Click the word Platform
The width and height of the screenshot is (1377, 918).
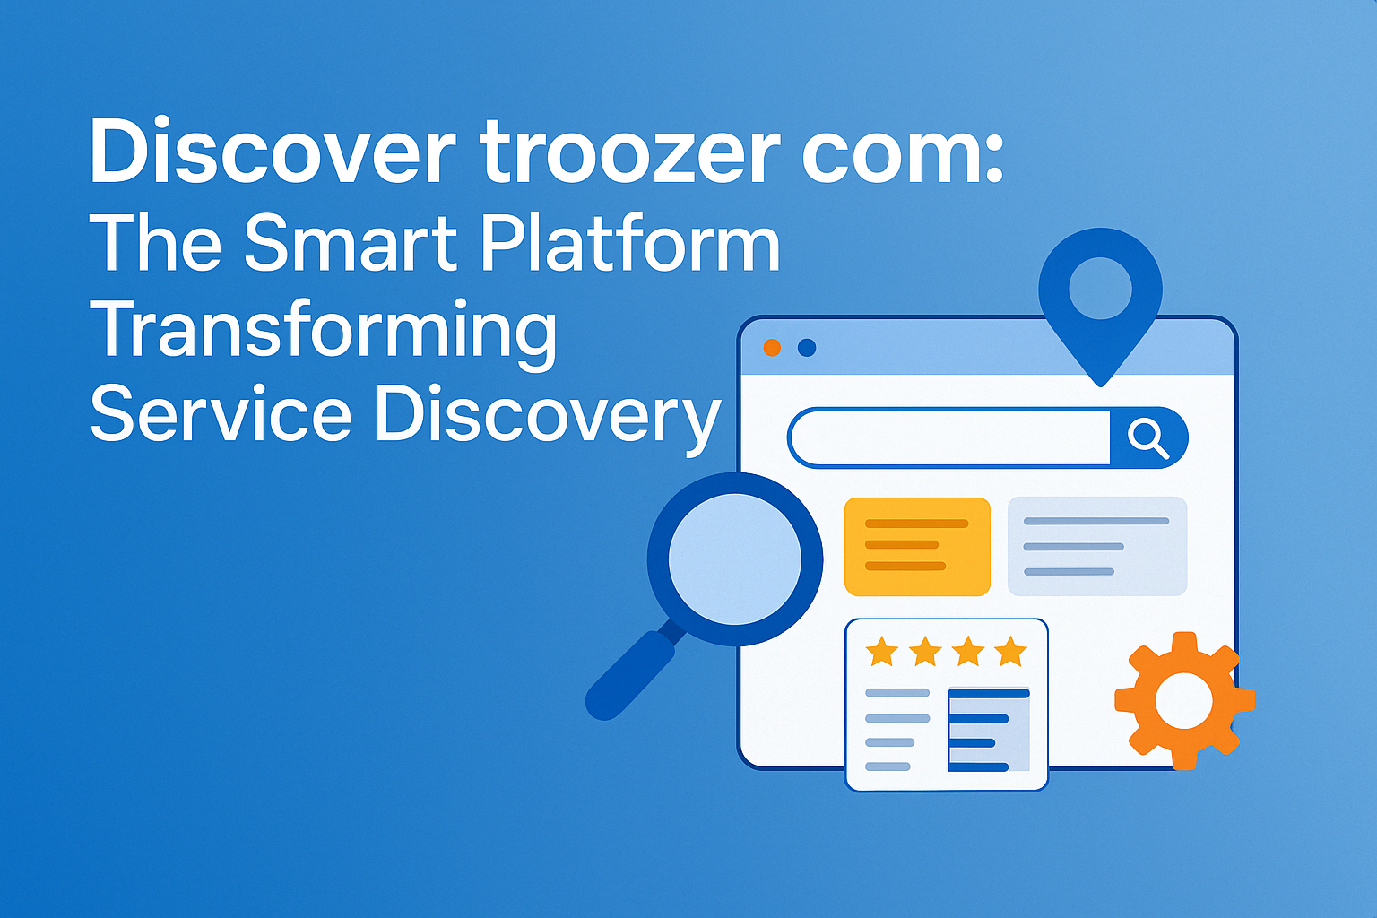click(630, 242)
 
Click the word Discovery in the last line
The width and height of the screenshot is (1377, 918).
click(547, 419)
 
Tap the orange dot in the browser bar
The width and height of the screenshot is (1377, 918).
click(772, 348)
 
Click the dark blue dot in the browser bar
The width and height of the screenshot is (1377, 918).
click(807, 348)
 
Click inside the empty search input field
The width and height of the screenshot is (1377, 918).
click(949, 437)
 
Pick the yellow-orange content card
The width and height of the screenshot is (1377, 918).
click(917, 546)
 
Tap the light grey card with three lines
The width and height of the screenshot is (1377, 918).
click(1097, 546)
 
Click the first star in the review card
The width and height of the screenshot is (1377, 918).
click(882, 651)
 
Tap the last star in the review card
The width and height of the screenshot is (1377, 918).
click(1011, 651)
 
